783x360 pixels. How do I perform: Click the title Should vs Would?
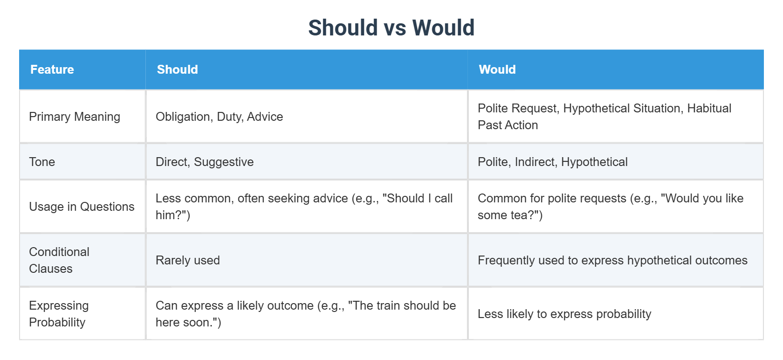(391, 28)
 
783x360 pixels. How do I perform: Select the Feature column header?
(52, 69)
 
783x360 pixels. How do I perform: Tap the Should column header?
(177, 69)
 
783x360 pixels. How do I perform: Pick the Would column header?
(497, 69)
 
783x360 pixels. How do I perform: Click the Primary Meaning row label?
(75, 117)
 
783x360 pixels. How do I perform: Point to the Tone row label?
(42, 162)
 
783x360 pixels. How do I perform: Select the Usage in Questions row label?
(82, 207)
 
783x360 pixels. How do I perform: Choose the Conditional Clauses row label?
(59, 260)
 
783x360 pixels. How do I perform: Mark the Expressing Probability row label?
(59, 314)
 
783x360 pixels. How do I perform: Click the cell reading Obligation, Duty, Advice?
(219, 117)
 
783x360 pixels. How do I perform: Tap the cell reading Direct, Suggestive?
(205, 162)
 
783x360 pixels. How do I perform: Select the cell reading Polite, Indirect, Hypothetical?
(552, 162)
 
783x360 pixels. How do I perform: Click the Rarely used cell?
(187, 260)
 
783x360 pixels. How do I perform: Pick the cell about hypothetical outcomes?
(612, 260)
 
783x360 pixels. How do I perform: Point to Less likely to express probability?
(564, 314)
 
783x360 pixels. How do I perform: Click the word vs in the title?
(395, 28)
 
